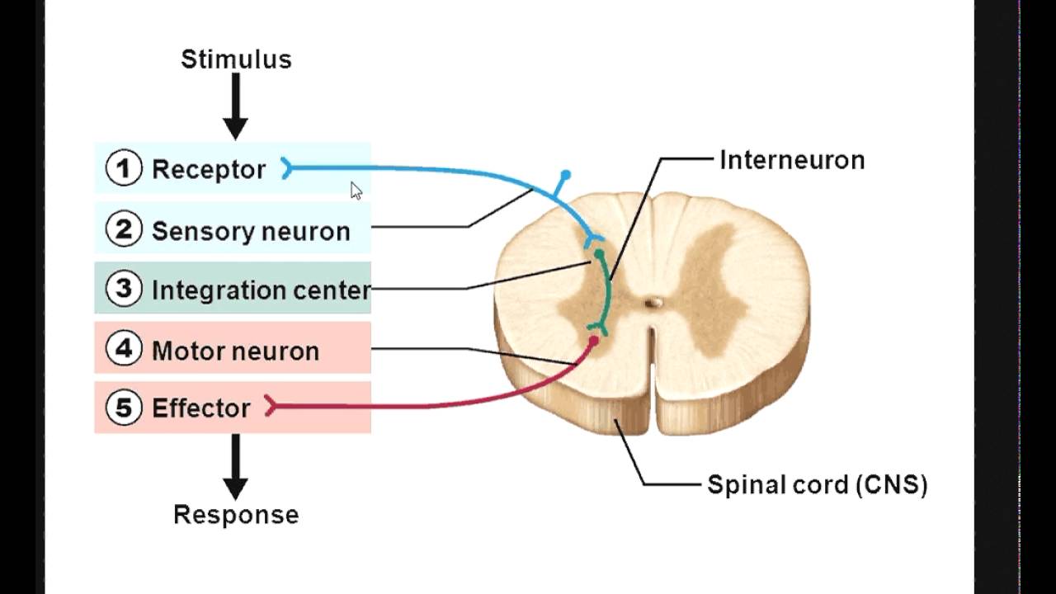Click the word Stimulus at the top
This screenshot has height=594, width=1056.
[x=236, y=59]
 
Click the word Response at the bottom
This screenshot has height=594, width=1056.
[x=236, y=515]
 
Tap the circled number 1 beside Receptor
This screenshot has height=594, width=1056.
[x=124, y=169]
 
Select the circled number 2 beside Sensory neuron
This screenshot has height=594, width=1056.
[x=124, y=230]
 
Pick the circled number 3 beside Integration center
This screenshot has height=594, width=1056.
[x=124, y=290]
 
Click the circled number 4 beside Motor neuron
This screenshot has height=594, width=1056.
[x=124, y=350]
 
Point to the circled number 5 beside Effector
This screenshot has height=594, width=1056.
[x=124, y=408]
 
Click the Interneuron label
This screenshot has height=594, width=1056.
[x=792, y=160]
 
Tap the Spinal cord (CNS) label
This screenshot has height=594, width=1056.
[x=817, y=484]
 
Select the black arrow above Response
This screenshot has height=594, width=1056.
[x=236, y=467]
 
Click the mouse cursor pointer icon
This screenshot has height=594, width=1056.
[x=356, y=191]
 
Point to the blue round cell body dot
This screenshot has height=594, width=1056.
[x=565, y=176]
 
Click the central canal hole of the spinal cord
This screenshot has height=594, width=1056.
[x=653, y=303]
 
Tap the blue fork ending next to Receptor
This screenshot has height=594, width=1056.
[x=286, y=169]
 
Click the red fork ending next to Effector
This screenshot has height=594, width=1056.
[x=270, y=406]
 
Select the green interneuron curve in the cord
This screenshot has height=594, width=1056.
[x=608, y=293]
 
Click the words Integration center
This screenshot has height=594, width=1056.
[x=261, y=290]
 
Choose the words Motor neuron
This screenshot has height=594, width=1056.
[x=235, y=351]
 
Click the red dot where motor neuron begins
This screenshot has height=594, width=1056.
[x=592, y=340]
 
